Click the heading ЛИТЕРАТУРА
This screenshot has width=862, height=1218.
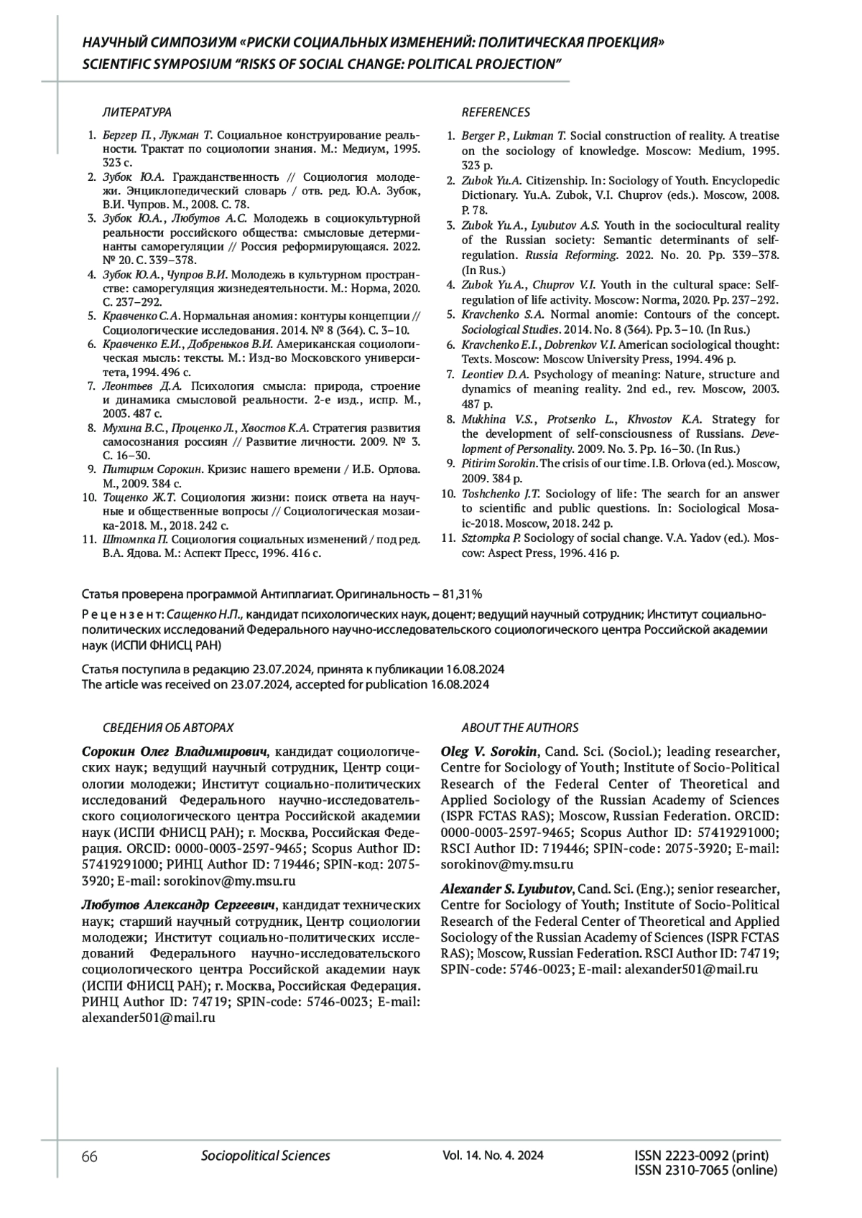pyautogui.click(x=137, y=113)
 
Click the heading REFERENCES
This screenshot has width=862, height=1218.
pyautogui.click(x=496, y=113)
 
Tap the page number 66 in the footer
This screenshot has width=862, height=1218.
pyautogui.click(x=90, y=1156)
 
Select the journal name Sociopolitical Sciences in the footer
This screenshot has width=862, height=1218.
pyautogui.click(x=266, y=1156)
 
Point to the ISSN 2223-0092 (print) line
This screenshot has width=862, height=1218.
pyautogui.click(x=702, y=1156)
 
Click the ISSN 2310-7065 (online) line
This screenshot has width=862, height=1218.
pyautogui.click(x=706, y=1170)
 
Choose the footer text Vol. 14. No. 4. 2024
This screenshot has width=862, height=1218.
pyautogui.click(x=493, y=1156)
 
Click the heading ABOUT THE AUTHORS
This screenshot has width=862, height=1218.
pyautogui.click(x=520, y=728)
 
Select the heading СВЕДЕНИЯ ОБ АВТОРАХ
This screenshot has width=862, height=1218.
pyautogui.click(x=168, y=728)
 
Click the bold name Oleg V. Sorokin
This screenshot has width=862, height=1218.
pyautogui.click(x=489, y=751)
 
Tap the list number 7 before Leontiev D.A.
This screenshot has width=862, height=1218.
pyautogui.click(x=450, y=375)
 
